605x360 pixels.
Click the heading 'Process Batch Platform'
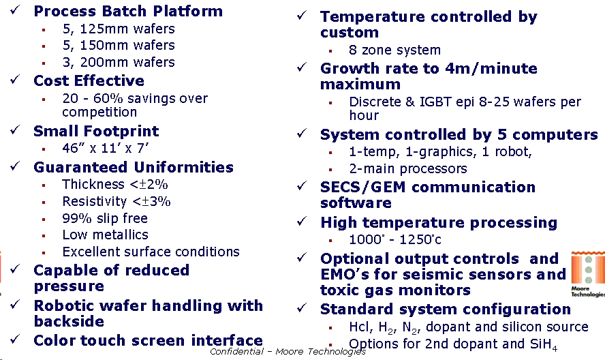(x=128, y=11)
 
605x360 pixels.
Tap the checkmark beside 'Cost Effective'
(x=16, y=79)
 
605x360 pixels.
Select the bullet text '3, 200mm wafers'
(x=119, y=62)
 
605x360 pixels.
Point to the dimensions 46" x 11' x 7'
(x=106, y=149)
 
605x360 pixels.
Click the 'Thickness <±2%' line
(x=115, y=184)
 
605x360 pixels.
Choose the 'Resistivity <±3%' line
(x=117, y=201)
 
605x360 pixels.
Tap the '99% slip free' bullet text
(x=105, y=218)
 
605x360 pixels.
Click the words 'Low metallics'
(x=106, y=235)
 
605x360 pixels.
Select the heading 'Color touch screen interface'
(x=148, y=340)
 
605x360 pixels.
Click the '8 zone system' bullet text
(x=394, y=50)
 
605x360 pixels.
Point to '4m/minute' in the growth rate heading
(x=491, y=68)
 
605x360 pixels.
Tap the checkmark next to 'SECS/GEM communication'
(x=302, y=185)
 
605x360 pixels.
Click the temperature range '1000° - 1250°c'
(x=395, y=239)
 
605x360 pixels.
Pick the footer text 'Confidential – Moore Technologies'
(x=288, y=352)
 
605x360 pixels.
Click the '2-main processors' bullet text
(x=408, y=169)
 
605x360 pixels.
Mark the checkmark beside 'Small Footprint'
(x=16, y=130)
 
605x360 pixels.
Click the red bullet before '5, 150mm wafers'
(x=44, y=46)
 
